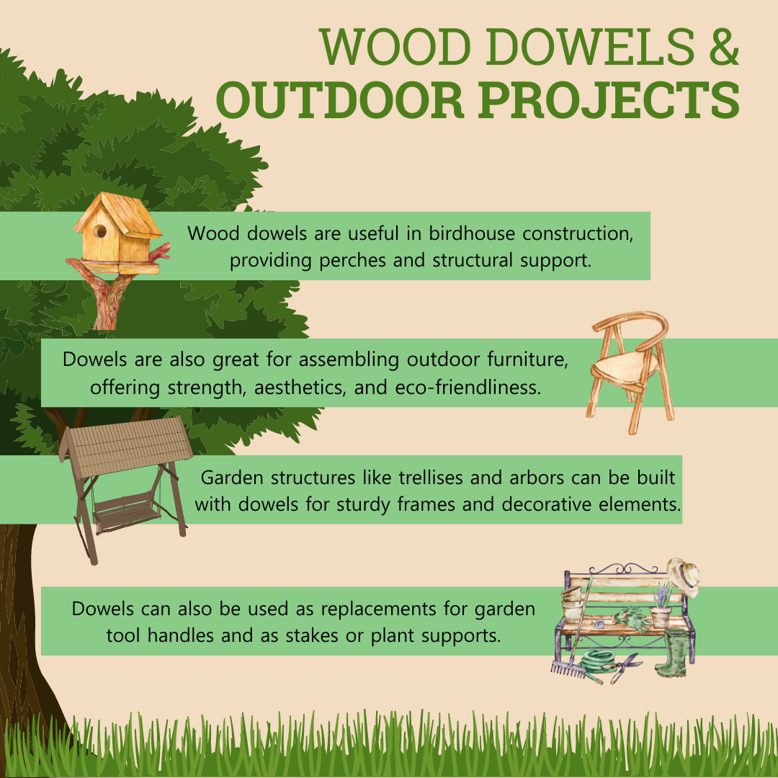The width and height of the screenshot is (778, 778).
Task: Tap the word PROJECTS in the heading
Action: (x=609, y=99)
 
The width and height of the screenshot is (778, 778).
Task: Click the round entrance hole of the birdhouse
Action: (x=100, y=231)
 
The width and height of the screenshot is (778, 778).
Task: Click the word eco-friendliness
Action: (x=468, y=387)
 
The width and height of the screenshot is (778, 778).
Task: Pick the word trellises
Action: (x=432, y=478)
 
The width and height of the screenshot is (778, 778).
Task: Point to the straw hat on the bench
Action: (x=684, y=577)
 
